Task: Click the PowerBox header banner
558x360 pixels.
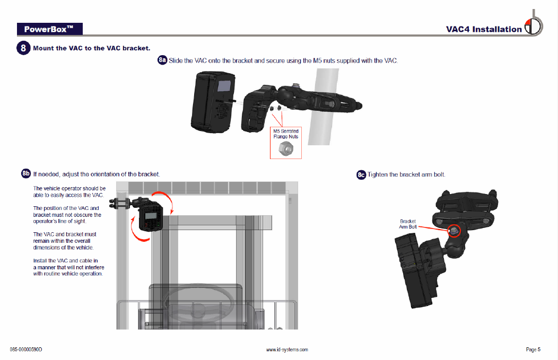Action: click(49, 29)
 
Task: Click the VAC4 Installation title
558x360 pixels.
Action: click(483, 29)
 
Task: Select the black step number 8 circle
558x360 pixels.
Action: click(24, 48)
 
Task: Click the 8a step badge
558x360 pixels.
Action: click(162, 60)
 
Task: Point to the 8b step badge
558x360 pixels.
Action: click(26, 173)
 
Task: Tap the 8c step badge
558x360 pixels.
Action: click(361, 174)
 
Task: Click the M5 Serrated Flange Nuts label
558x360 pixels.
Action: click(285, 134)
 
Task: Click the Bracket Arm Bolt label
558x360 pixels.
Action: click(408, 224)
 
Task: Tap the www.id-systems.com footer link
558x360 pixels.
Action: click(286, 349)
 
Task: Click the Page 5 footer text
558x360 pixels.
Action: click(533, 349)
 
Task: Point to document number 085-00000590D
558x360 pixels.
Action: click(26, 349)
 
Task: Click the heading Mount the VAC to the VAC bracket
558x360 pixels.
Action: click(91, 48)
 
